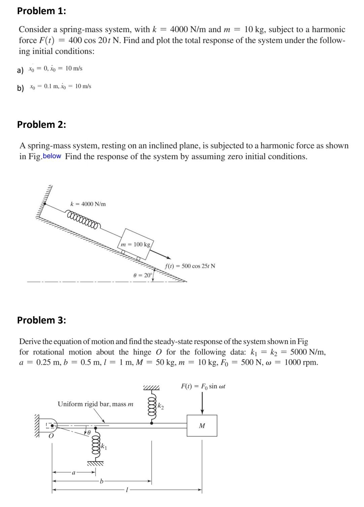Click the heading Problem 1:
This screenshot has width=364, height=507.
(41, 11)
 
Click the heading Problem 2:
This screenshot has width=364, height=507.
(41, 124)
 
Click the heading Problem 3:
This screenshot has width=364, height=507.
(41, 320)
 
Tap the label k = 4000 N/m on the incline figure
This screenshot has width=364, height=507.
(88, 204)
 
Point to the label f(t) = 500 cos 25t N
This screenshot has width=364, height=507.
(190, 266)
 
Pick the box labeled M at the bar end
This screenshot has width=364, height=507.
(202, 426)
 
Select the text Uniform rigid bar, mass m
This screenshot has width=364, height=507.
(95, 404)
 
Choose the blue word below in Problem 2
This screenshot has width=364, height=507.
(52, 156)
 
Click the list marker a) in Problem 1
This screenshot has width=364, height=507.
(21, 70)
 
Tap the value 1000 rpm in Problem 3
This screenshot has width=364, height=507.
(301, 363)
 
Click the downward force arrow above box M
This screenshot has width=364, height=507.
(202, 403)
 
